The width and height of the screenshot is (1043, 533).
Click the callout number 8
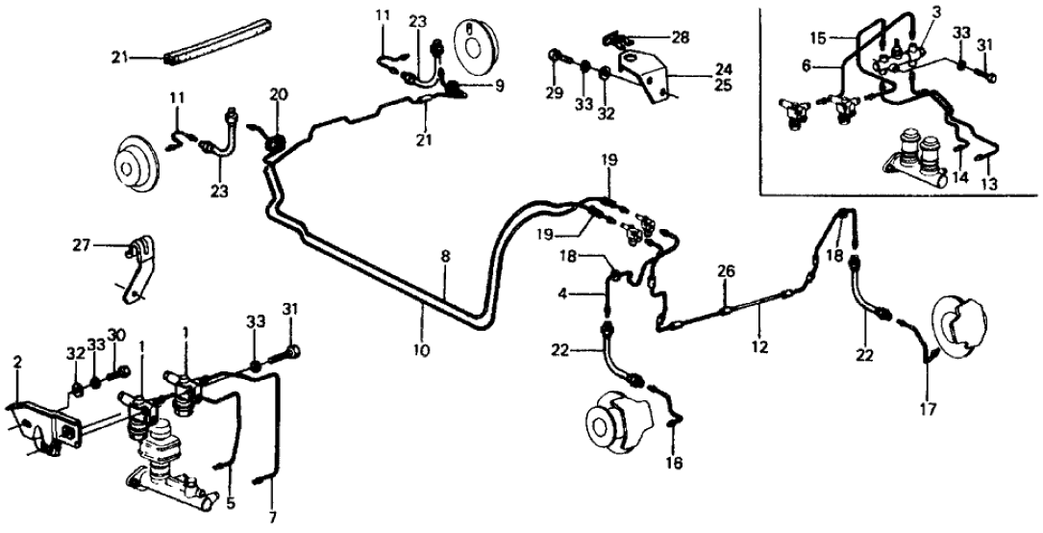(x=444, y=256)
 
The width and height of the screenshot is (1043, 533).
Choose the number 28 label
(x=682, y=37)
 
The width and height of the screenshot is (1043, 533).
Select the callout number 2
(x=17, y=362)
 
